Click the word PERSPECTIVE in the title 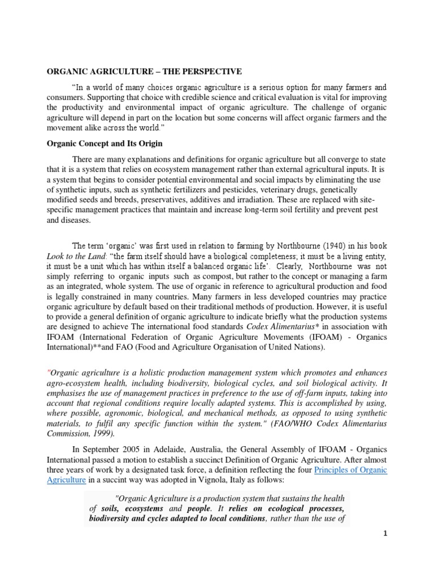[x=210, y=71]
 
